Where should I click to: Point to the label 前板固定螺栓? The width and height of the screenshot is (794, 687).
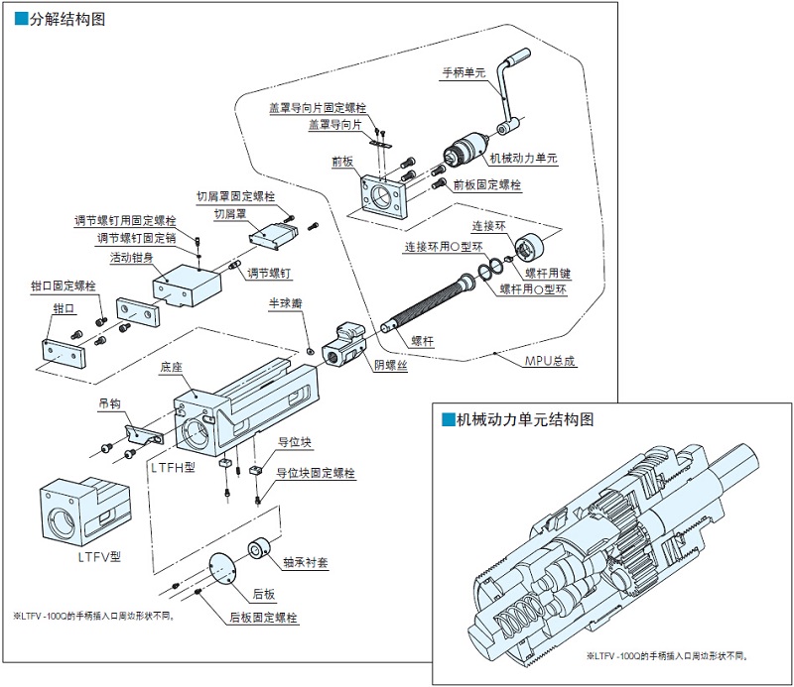click(x=487, y=184)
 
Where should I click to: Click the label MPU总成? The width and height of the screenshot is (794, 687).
click(x=550, y=361)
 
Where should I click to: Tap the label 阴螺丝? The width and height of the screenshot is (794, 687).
click(x=390, y=365)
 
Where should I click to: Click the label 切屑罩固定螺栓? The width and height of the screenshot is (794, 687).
click(x=235, y=195)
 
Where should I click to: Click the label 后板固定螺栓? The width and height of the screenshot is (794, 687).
click(x=263, y=617)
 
